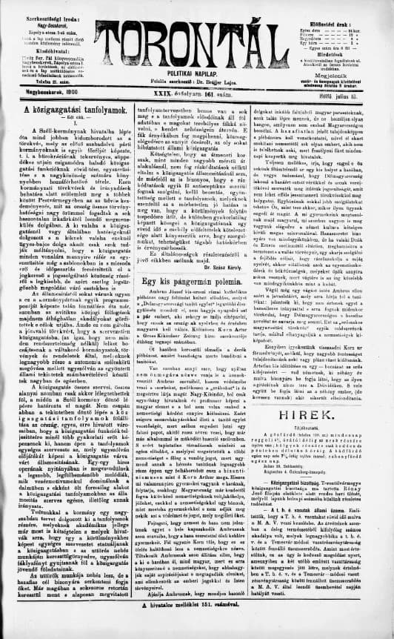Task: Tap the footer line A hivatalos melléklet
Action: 197,629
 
